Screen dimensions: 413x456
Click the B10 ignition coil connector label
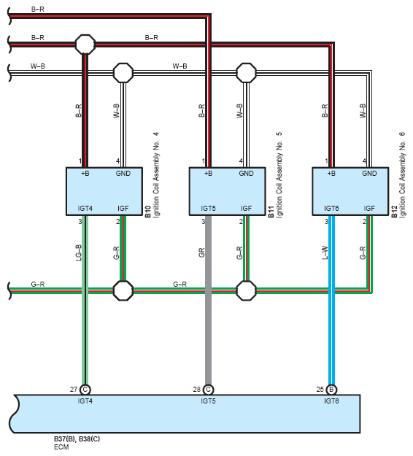coord(148,212)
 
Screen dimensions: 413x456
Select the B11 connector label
coord(271,212)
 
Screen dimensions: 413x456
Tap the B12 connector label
coord(394,212)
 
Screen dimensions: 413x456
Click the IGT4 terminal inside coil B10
coord(85,209)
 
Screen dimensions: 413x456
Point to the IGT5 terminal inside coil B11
coord(208,209)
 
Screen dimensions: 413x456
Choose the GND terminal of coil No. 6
coord(369,174)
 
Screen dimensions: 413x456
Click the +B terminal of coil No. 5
coord(208,174)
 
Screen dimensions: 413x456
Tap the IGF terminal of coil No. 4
coord(123,209)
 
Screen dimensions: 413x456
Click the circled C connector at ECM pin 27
coord(85,390)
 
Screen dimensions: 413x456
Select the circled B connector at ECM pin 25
coord(331,390)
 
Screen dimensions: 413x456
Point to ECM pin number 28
coord(197,389)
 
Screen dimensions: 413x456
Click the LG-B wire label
coord(79,252)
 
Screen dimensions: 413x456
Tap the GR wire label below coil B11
coord(201,252)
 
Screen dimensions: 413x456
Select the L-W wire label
coord(325,252)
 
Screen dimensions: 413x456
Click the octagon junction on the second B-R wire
coord(85,45)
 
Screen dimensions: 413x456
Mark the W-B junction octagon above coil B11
coord(246,73)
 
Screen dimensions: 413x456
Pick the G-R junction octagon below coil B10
coord(123,290)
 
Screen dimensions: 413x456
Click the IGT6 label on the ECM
coord(331,401)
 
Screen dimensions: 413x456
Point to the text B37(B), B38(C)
coord(77,438)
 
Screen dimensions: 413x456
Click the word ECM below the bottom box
coord(61,447)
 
